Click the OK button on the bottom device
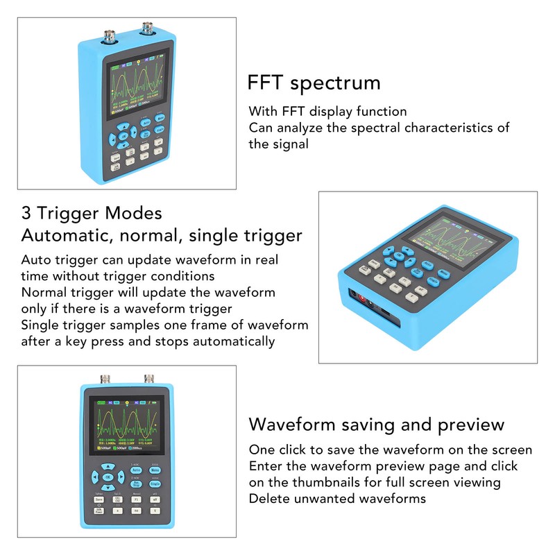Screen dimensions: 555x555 click(108, 477)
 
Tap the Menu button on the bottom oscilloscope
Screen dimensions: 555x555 click(155, 470)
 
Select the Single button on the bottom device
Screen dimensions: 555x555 click(155, 484)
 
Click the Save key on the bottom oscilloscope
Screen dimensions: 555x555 click(99, 499)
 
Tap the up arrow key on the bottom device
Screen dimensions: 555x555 click(108, 466)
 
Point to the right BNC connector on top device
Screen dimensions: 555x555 click(147, 29)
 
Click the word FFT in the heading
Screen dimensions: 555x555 click(266, 83)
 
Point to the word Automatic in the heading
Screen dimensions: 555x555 click(65, 235)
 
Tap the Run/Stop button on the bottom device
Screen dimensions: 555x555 click(136, 484)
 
